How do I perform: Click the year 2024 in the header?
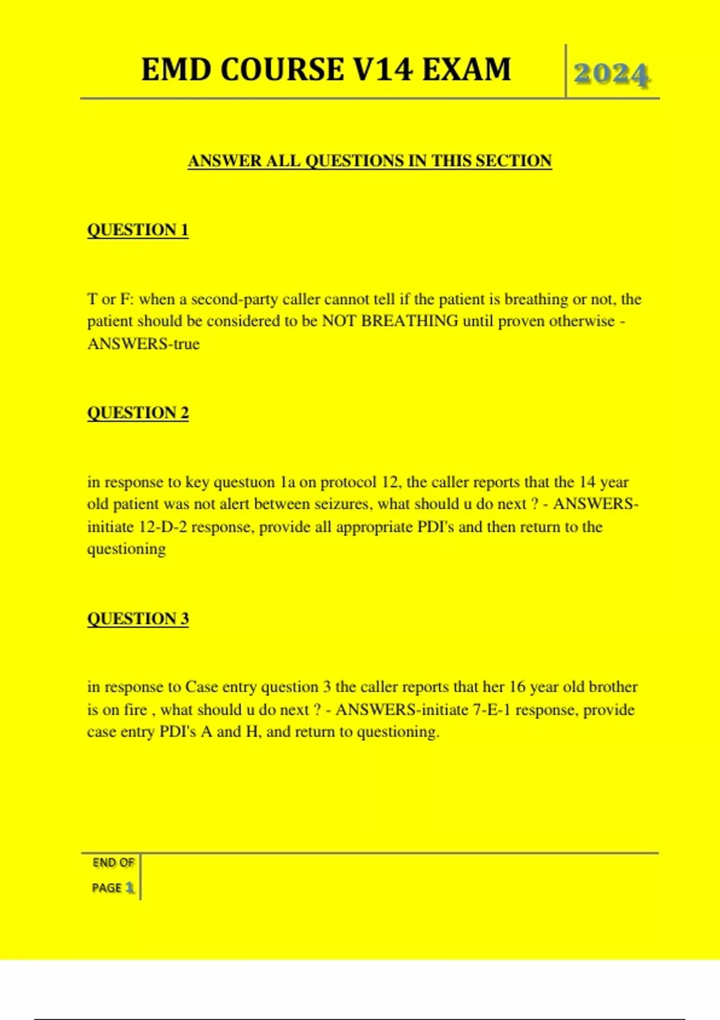click(x=611, y=74)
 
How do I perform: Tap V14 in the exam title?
click(x=383, y=69)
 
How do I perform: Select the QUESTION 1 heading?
click(x=137, y=230)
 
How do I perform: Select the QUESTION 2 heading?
click(x=137, y=413)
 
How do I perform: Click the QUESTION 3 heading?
click(x=137, y=619)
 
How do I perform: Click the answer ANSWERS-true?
click(x=143, y=344)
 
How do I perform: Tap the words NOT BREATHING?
click(x=390, y=321)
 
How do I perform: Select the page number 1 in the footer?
click(x=129, y=888)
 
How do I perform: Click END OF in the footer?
click(x=113, y=863)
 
